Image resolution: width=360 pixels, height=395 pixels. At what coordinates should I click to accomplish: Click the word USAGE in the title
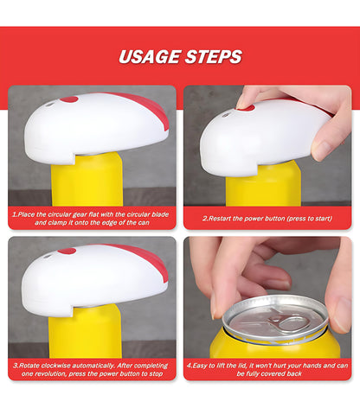150,57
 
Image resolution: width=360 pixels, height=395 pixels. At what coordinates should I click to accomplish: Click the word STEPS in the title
214,57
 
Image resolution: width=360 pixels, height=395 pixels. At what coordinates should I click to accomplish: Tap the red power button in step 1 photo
69,99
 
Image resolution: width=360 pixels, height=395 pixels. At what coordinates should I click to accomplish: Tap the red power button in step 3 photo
67,252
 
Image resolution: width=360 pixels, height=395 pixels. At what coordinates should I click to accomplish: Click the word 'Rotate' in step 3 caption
29,366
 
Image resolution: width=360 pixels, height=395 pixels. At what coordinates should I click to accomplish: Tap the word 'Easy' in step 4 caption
199,366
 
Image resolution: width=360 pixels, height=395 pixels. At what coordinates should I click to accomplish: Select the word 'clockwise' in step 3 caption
55,366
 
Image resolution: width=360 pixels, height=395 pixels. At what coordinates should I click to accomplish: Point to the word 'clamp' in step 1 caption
57,223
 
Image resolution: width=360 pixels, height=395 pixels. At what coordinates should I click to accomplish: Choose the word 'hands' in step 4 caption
312,366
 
